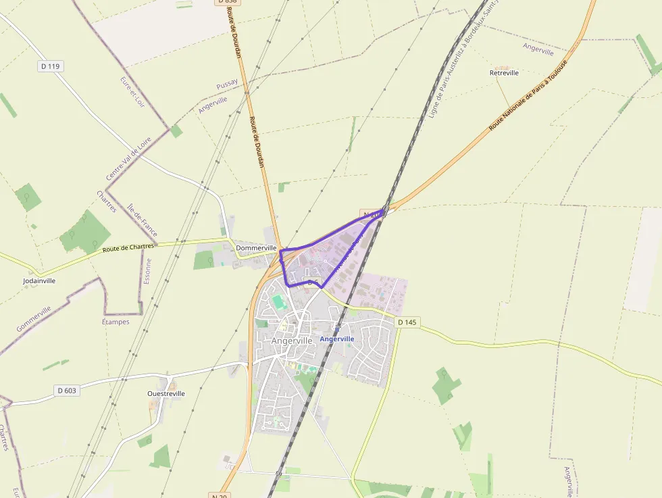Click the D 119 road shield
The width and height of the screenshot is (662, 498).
50,66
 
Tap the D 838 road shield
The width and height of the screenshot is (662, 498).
228,2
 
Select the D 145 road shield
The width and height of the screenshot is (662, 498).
407,322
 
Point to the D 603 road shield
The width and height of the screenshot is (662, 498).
66,391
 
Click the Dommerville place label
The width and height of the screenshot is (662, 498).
257,248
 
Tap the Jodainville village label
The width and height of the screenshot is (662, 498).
39,280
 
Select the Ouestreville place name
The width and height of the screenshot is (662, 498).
165,393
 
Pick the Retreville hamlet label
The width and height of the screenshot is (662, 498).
504,72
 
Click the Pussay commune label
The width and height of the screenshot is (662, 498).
227,84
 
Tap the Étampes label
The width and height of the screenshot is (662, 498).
116,322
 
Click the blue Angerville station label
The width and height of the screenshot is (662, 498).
337,339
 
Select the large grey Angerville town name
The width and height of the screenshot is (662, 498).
292,341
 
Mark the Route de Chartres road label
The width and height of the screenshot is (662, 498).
128,248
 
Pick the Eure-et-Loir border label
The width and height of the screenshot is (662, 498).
132,92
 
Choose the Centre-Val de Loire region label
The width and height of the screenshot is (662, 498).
128,156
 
